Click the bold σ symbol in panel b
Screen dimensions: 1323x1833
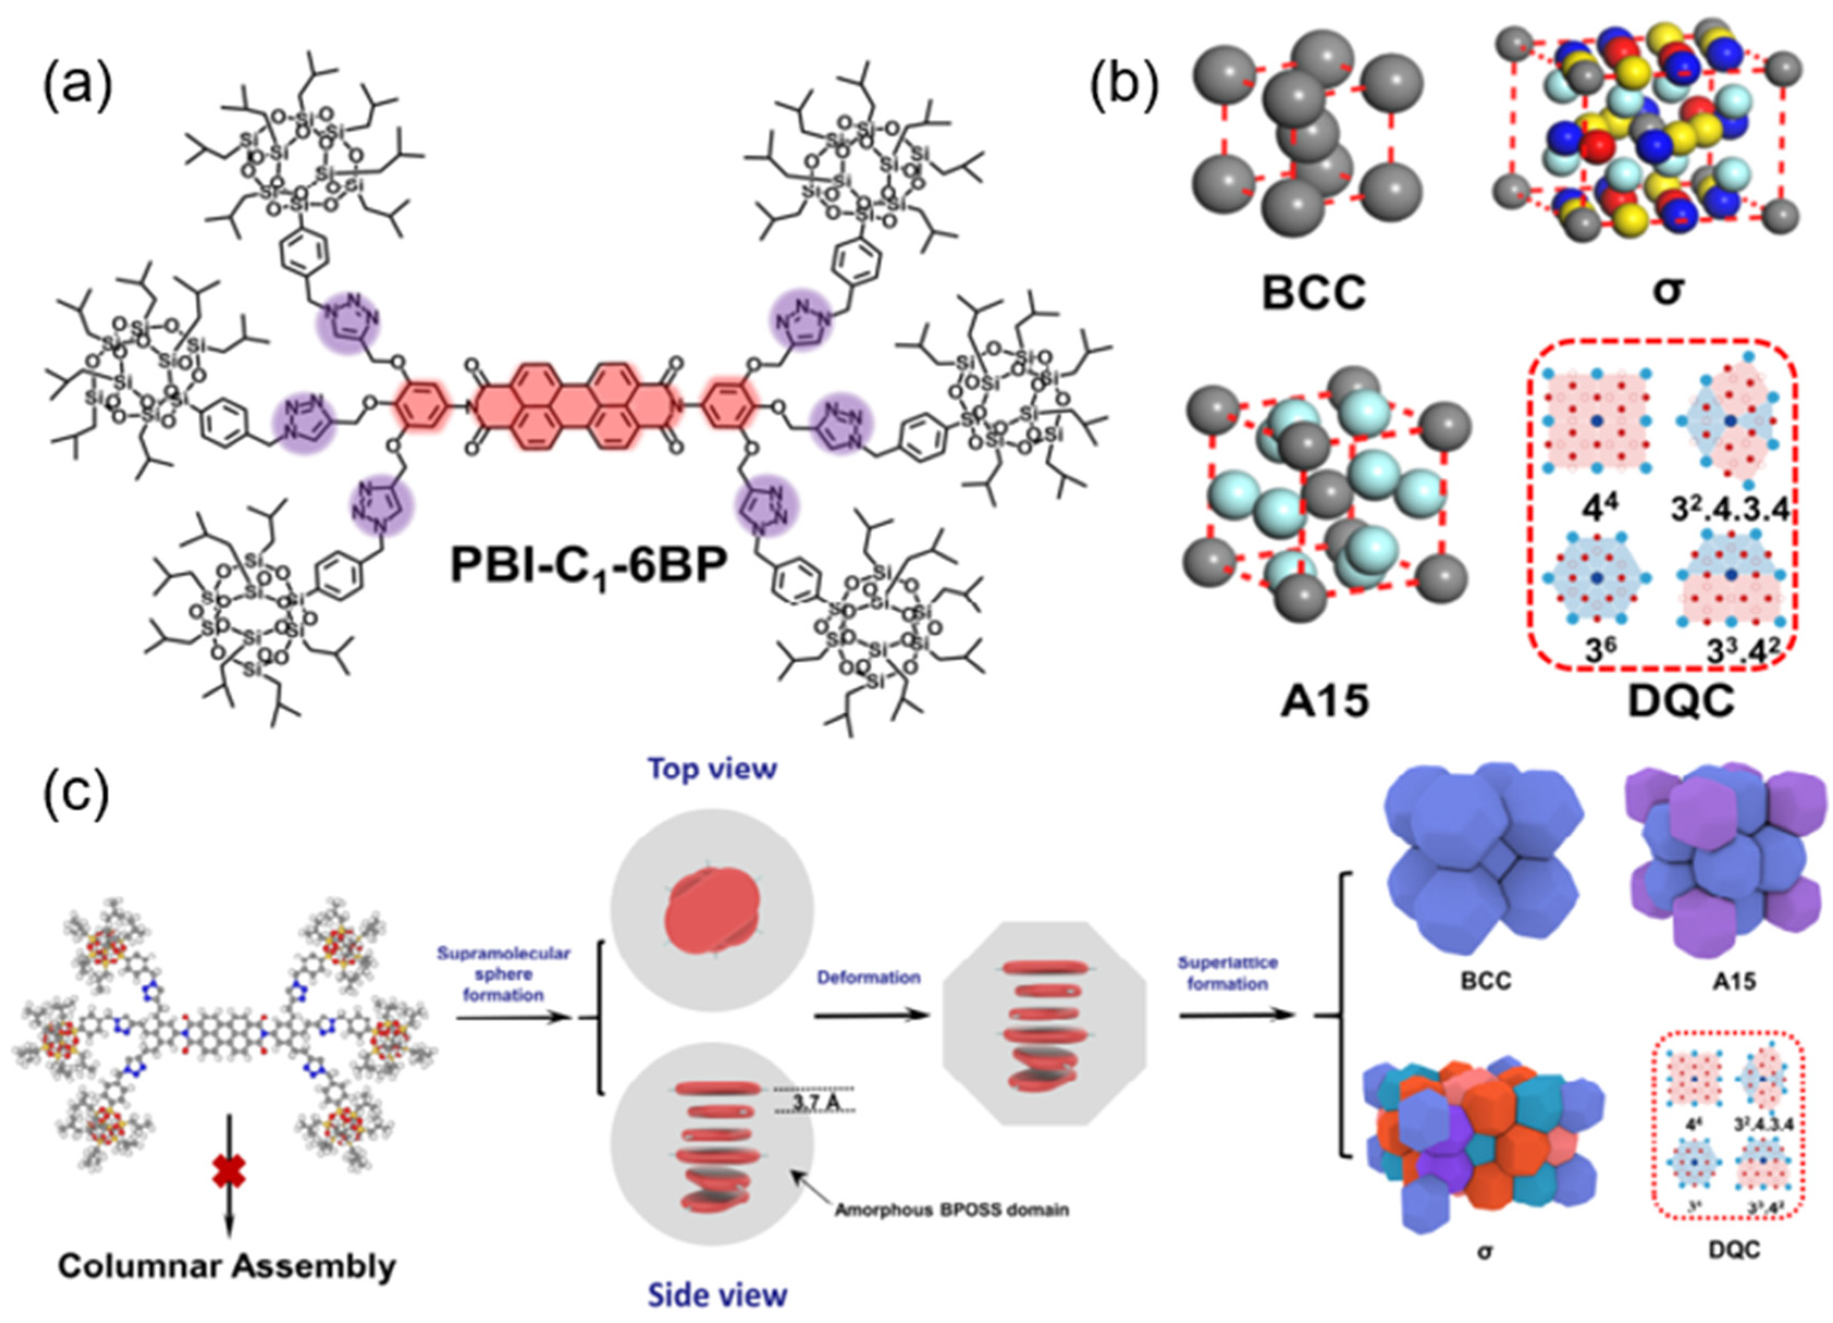click(x=1667, y=290)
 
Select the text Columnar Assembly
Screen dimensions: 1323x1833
click(x=227, y=1266)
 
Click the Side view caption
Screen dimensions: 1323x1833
click(x=717, y=1295)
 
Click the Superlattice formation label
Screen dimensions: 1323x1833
click(x=1227, y=973)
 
